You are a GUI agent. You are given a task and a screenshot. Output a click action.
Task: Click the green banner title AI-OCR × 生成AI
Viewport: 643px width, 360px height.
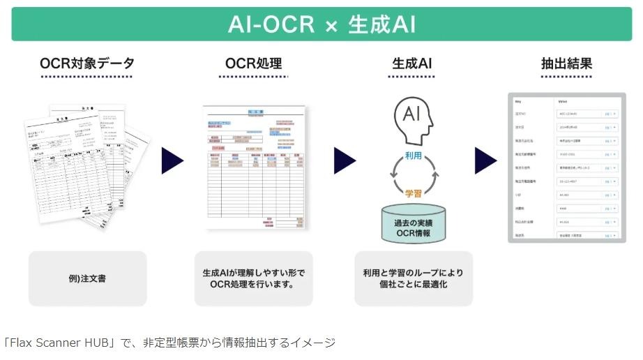point(321,24)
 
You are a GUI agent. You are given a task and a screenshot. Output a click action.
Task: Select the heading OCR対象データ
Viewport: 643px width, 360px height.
point(87,63)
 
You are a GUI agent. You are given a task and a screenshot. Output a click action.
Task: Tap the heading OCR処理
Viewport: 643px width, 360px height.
point(253,63)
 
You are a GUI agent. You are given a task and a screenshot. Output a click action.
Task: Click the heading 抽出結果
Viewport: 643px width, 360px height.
point(566,63)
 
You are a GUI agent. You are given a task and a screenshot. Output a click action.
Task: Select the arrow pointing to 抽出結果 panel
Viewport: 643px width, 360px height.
point(486,160)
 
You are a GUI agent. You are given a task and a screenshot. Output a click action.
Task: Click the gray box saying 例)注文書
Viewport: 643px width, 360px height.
point(87,278)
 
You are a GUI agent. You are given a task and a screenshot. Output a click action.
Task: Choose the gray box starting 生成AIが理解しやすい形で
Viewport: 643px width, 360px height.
point(253,278)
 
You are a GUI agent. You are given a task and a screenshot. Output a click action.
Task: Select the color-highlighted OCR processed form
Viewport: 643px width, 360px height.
point(254,167)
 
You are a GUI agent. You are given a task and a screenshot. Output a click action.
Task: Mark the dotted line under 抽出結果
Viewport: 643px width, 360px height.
point(566,77)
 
